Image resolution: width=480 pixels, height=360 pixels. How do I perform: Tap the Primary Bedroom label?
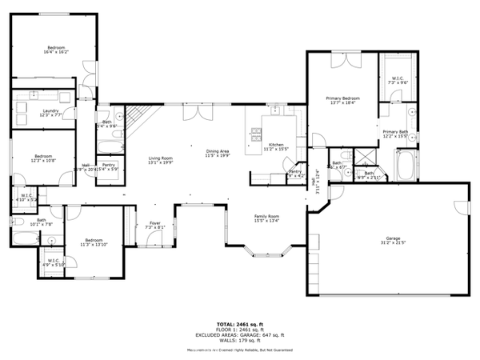coord(344,98)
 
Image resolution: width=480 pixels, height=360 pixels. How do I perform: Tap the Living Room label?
coord(161,158)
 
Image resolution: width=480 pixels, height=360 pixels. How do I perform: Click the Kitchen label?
coord(275,145)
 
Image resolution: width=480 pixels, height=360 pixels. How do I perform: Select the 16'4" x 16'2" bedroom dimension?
coord(55,52)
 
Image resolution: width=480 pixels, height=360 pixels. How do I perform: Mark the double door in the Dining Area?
coord(194,111)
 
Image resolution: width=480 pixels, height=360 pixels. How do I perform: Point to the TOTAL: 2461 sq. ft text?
coord(240,323)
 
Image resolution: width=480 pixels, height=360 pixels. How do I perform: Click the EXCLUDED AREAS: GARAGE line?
coord(240,334)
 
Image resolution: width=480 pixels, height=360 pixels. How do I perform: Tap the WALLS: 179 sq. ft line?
coord(240,340)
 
